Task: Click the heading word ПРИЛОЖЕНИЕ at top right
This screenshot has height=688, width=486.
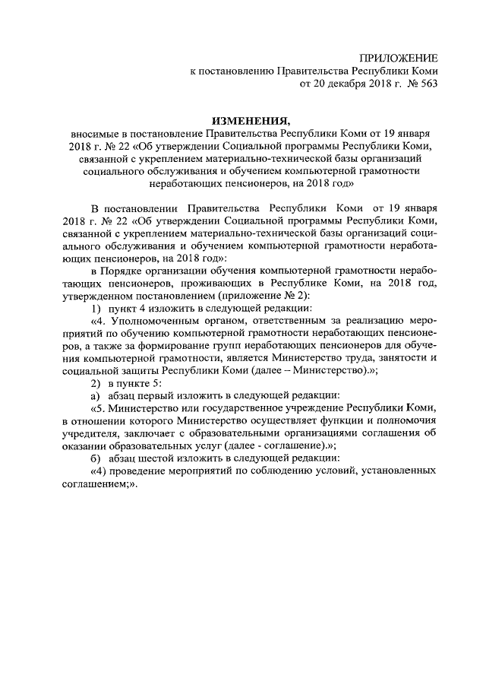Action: pos(399,58)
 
